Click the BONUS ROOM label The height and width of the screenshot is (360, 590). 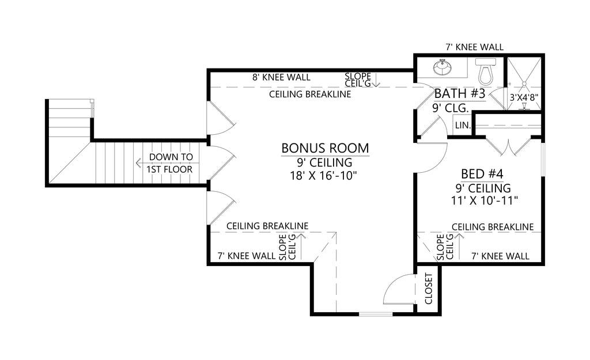pos(325,148)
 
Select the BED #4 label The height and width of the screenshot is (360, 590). pos(482,174)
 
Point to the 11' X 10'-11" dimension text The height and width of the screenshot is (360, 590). pos(482,200)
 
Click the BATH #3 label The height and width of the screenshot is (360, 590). pos(459,93)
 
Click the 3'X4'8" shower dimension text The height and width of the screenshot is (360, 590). pos(524,97)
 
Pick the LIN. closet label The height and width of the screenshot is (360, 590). pos(463,125)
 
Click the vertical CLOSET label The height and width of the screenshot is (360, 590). pos(428,289)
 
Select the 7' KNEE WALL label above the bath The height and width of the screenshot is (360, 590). pos(475,47)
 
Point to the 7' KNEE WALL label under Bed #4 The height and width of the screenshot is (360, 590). pos(500,256)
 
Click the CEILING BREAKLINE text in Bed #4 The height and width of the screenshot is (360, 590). pos(492,227)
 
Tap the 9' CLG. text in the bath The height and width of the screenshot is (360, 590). pos(450,108)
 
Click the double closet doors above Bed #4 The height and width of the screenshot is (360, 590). pos(507,146)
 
